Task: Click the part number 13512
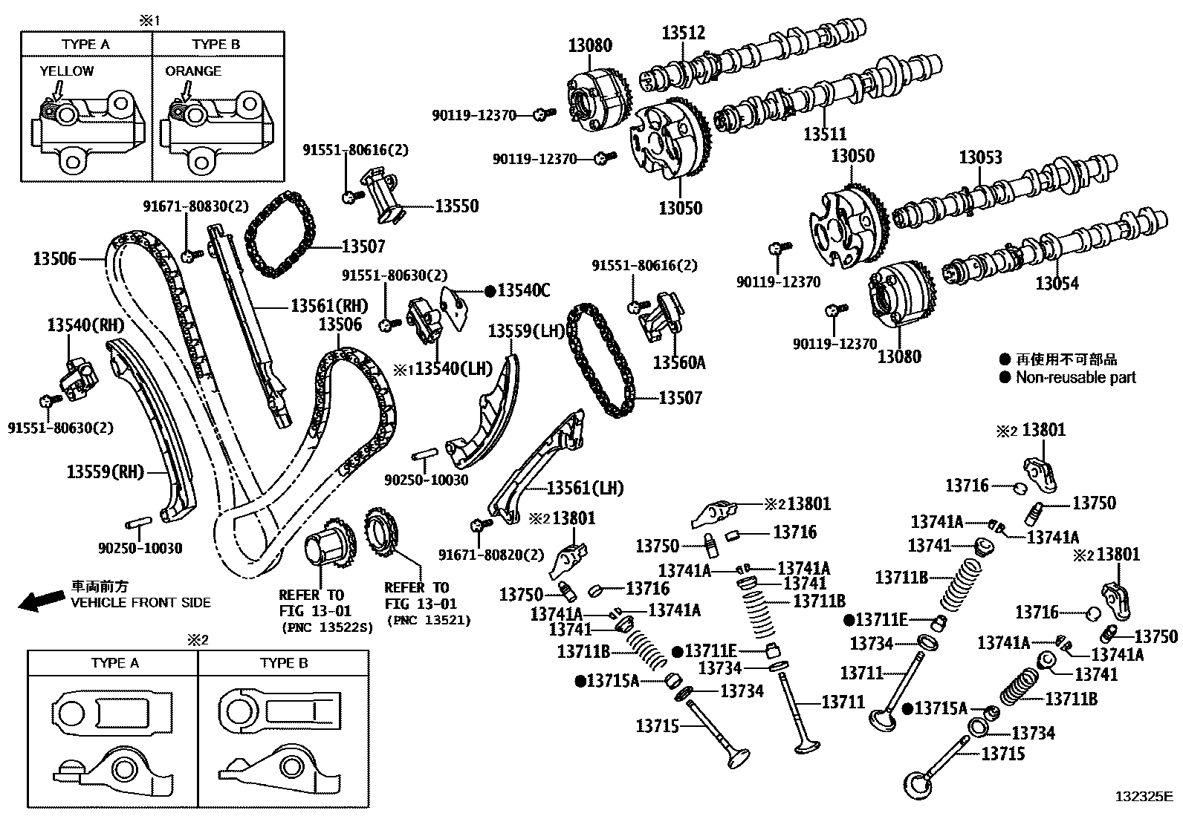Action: (x=684, y=33)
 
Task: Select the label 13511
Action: (x=825, y=134)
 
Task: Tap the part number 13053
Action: (x=979, y=157)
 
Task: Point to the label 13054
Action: (x=1057, y=283)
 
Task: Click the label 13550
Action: (x=456, y=206)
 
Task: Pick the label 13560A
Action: (x=678, y=362)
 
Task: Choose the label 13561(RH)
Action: (x=329, y=305)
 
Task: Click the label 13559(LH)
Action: (x=527, y=331)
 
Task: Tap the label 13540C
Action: (x=523, y=290)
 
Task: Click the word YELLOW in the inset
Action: (x=67, y=71)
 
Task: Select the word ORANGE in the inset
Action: (x=193, y=71)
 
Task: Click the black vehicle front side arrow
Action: (x=40, y=600)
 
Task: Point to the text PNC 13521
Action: (x=428, y=620)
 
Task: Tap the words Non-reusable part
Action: (x=1076, y=377)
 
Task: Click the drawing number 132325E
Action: (x=1143, y=797)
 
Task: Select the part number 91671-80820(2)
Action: (x=490, y=555)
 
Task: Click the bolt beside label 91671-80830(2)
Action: (x=191, y=255)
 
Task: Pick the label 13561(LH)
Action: (x=585, y=488)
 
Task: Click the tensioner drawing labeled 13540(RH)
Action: (x=76, y=378)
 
